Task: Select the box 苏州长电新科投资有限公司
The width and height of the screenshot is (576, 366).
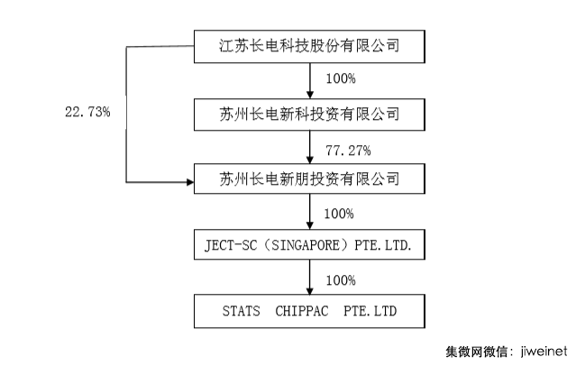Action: (309, 114)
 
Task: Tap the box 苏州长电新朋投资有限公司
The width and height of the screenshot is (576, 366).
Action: (309, 180)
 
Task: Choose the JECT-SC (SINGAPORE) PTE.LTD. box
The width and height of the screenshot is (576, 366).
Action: (309, 246)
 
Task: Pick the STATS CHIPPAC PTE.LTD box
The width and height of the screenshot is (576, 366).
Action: (309, 312)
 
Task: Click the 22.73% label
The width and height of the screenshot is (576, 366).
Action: (87, 114)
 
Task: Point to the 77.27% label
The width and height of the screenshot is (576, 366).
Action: (346, 148)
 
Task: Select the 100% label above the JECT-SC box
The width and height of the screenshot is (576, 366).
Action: (340, 215)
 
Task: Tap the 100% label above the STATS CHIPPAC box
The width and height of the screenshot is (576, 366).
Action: (340, 280)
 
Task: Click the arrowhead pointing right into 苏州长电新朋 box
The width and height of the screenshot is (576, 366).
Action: (189, 182)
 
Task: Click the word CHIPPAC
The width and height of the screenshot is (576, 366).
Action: (306, 313)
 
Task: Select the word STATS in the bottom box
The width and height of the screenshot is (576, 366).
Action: (239, 313)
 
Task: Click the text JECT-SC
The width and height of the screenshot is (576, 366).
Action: (237, 246)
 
